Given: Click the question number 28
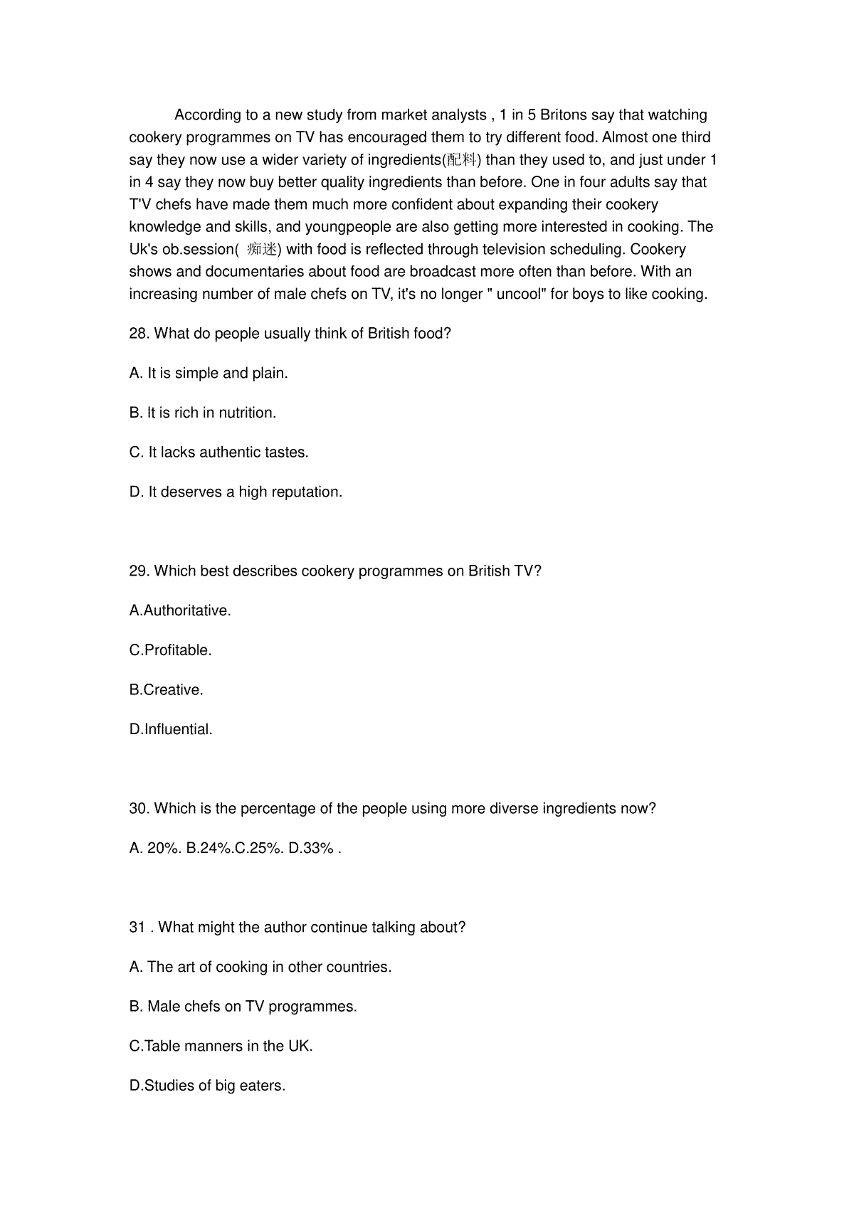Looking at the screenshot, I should tap(139, 334).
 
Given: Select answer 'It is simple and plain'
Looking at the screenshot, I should tap(209, 373).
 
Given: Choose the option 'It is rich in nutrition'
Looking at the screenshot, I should tap(203, 413).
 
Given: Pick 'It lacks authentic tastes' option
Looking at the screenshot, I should tap(219, 452).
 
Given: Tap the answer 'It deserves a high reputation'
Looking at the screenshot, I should tap(236, 492).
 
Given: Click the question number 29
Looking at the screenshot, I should tap(139, 571).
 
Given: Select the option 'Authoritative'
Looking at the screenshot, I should tap(180, 611).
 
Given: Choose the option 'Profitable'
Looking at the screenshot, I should tap(171, 650).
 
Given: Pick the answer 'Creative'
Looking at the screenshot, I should tap(167, 690).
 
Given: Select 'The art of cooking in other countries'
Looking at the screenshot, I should tap(260, 968).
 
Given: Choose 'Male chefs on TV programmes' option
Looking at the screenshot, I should tap(243, 1007).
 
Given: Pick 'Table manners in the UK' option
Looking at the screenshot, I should tap(221, 1047).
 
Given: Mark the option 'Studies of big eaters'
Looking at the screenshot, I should tap(207, 1086).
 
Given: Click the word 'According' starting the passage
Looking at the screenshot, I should tap(206, 115).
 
